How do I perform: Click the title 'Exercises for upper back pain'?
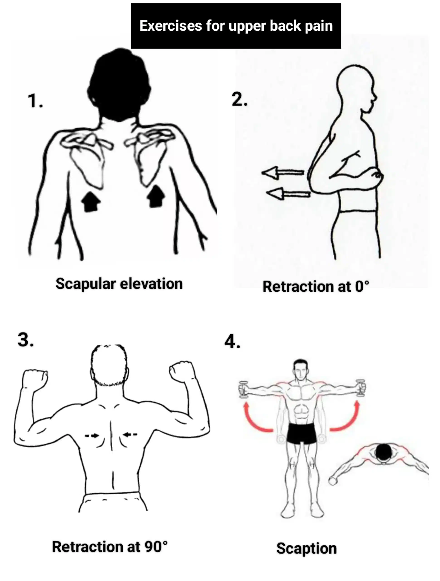236,26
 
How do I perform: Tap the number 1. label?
35,101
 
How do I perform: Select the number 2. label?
239,100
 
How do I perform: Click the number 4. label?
232,342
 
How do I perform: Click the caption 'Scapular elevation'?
119,284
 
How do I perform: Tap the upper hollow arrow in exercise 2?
283,172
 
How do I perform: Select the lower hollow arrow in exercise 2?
288,194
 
